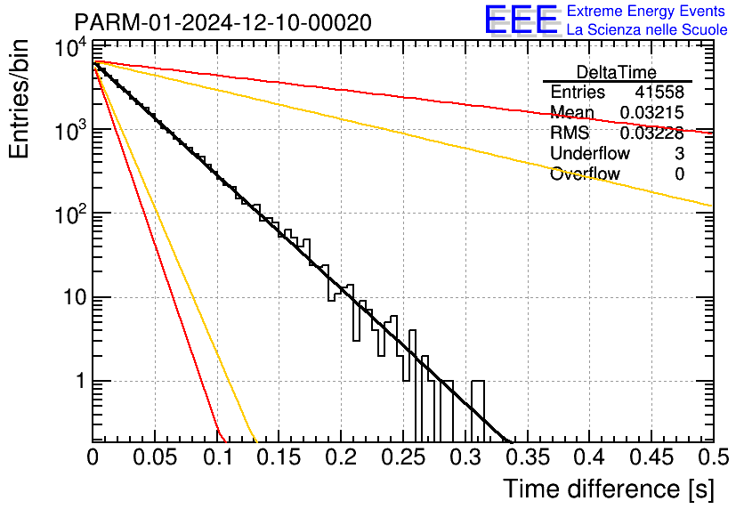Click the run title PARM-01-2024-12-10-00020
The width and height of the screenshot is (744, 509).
[223, 22]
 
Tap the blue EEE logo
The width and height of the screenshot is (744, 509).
[522, 20]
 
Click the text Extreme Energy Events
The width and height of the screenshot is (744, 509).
[646, 11]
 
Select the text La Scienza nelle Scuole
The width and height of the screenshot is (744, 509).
[647, 29]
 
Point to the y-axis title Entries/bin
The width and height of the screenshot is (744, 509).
[20, 99]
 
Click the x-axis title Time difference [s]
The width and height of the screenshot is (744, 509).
[609, 489]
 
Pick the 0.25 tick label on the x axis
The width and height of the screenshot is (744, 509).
[403, 457]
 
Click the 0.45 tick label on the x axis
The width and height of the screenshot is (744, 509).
[652, 457]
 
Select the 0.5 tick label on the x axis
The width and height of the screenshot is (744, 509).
[714, 457]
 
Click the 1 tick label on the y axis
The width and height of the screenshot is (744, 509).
[82, 381]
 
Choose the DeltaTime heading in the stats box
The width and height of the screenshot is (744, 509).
[617, 72]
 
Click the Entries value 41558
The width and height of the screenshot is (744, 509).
[659, 92]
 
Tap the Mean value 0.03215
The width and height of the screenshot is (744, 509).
[652, 112]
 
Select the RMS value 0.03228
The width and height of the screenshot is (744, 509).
[652, 133]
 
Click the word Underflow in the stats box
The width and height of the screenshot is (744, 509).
[590, 153]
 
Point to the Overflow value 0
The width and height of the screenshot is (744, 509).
[679, 174]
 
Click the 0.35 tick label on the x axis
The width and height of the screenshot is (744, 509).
[528, 457]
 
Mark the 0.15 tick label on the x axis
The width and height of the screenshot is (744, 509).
[279, 457]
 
